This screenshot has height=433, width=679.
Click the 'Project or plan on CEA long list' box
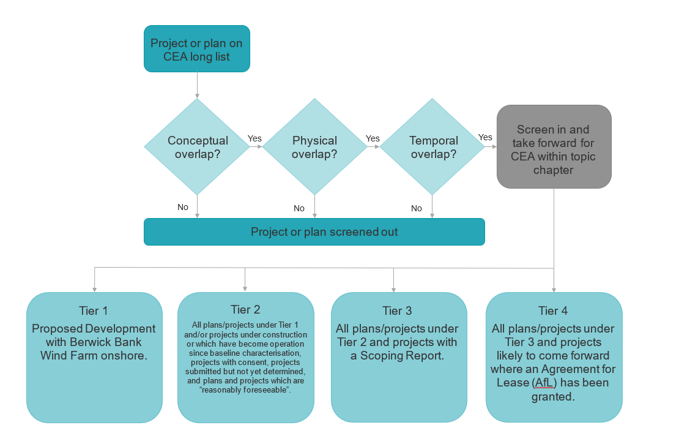coord(196,50)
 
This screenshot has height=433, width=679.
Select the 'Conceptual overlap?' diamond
coord(197,147)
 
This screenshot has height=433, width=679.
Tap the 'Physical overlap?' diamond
coord(314,147)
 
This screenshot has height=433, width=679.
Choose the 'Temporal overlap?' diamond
coord(433,147)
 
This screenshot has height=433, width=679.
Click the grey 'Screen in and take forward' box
coord(553,146)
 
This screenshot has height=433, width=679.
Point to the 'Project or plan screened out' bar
coord(314,232)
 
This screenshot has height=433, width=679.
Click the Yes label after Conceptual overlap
coord(254,138)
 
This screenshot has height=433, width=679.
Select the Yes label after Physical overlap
coord(373,138)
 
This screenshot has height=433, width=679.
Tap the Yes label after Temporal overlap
coord(485,137)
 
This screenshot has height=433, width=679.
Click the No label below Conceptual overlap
coord(183,207)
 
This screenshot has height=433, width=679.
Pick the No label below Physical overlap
coord(299,208)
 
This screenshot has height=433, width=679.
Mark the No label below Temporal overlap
coord(417,208)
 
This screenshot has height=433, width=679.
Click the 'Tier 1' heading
coord(94,311)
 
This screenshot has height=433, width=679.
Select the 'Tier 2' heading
coord(245,309)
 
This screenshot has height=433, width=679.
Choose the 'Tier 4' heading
coord(553,311)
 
